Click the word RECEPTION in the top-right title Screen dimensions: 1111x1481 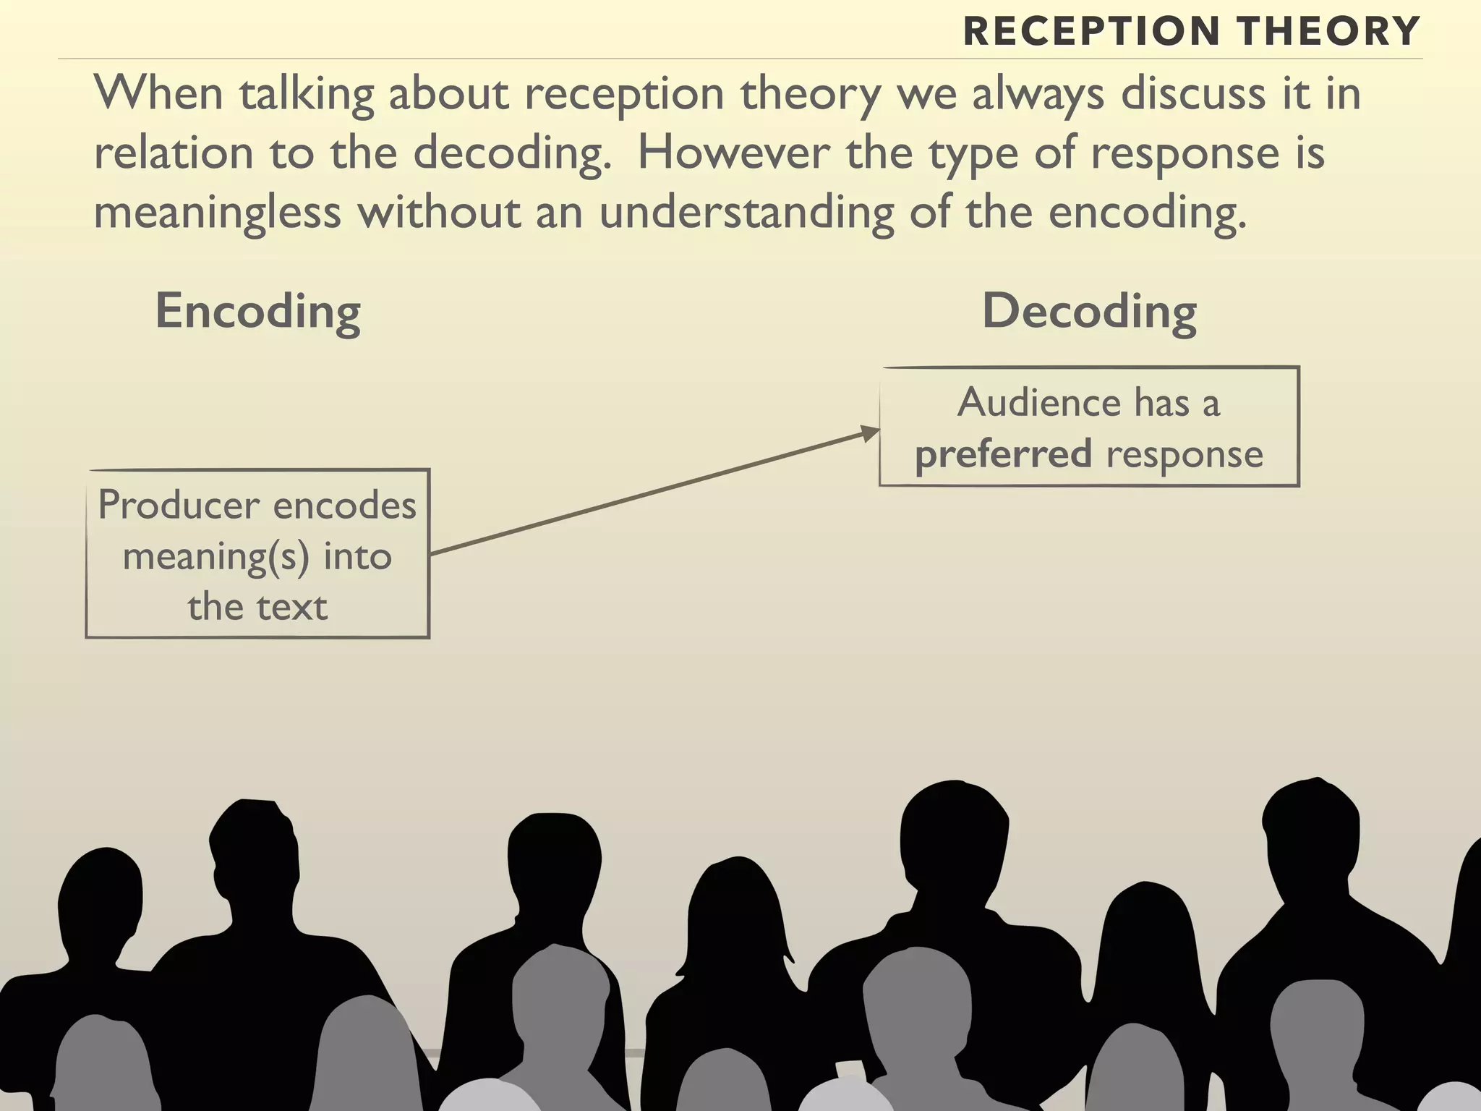click(x=1092, y=31)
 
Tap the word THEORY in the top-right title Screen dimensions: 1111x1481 click(x=1329, y=31)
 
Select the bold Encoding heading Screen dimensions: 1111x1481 click(x=258, y=311)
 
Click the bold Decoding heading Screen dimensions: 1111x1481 click(x=1089, y=311)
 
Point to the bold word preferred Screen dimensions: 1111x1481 click(x=1003, y=454)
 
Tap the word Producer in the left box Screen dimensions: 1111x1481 click(x=179, y=505)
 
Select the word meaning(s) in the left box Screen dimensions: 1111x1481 click(x=215, y=557)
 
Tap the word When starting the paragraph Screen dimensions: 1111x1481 click(x=158, y=93)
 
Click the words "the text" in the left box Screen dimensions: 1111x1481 click(x=257, y=606)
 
